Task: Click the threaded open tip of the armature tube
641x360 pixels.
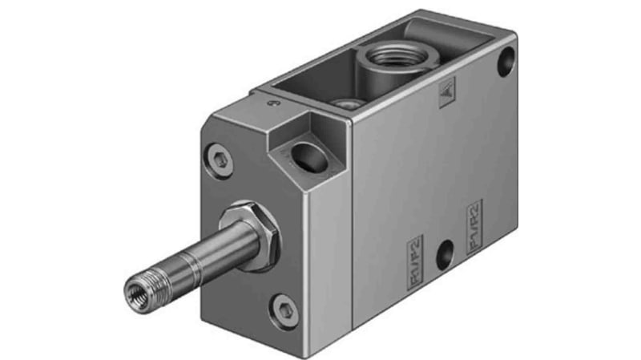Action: [x=136, y=284]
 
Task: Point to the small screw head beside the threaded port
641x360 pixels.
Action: [x=345, y=103]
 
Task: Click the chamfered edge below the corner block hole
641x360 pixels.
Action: [x=325, y=180]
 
